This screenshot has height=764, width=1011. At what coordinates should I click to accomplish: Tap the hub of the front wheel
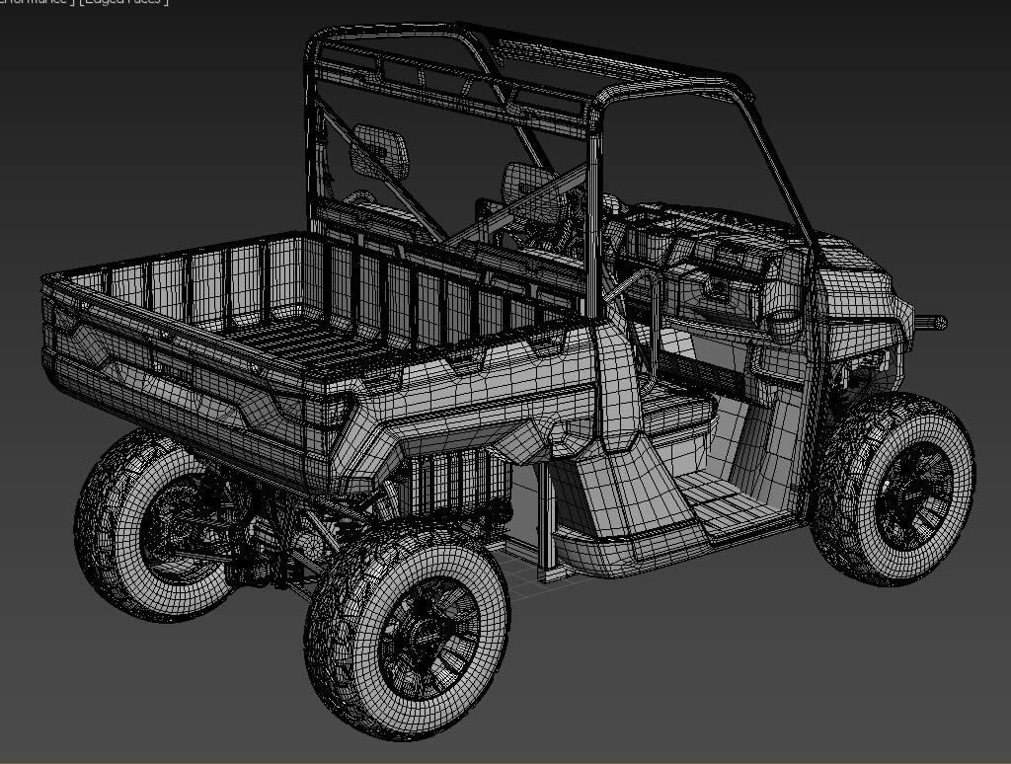pyautogui.click(x=914, y=491)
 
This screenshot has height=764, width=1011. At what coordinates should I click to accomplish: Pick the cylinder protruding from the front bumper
pyautogui.click(x=931, y=322)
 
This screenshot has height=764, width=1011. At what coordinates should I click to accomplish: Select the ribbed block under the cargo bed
pyautogui.click(x=456, y=484)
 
